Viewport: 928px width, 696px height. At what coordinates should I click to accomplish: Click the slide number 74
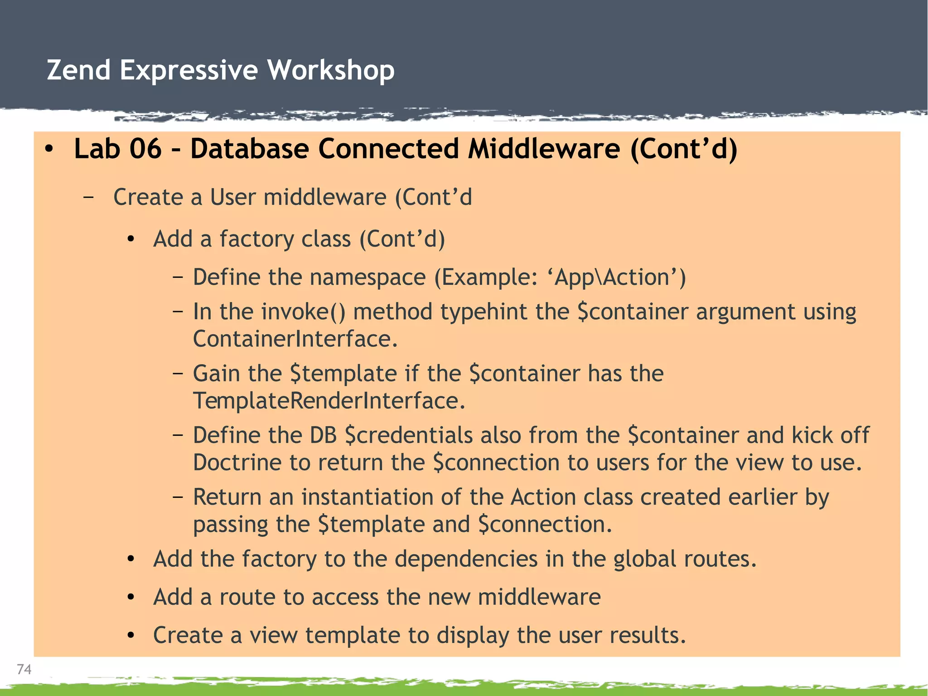[24, 669]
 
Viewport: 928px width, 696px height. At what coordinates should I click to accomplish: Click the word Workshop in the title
[331, 70]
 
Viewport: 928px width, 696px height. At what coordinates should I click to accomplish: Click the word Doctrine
[237, 463]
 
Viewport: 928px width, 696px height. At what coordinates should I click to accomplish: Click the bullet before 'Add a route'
[131, 598]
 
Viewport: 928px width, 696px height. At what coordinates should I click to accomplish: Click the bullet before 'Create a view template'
[131, 636]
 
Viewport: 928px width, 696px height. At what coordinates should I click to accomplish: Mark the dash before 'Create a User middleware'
[89, 197]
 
